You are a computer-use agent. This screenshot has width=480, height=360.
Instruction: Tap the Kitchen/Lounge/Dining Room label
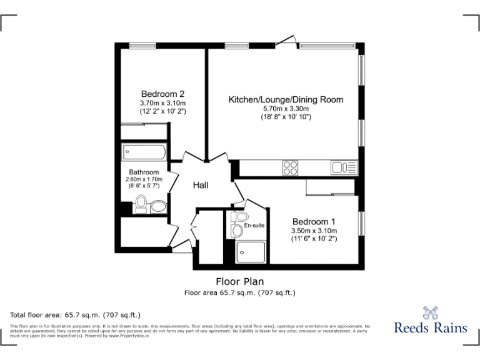click(x=286, y=99)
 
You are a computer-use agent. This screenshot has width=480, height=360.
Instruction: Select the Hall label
click(x=200, y=185)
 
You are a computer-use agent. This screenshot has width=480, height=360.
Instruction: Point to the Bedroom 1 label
click(x=314, y=221)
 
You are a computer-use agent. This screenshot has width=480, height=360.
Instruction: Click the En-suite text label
click(x=254, y=225)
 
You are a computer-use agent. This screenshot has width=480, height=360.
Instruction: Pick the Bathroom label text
click(x=144, y=172)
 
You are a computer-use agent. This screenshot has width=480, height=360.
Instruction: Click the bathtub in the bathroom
click(x=144, y=151)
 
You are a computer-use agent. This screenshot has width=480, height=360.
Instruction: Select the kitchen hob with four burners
click(x=290, y=167)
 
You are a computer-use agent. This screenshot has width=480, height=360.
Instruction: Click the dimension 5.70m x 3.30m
click(x=286, y=109)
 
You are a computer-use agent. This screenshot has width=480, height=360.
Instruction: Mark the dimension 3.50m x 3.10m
click(x=314, y=231)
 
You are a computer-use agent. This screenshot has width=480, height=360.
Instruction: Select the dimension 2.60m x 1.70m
click(x=144, y=179)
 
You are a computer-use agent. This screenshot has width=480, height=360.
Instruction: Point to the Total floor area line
click(x=75, y=315)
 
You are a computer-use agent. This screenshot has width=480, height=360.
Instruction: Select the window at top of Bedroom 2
click(x=142, y=45)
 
